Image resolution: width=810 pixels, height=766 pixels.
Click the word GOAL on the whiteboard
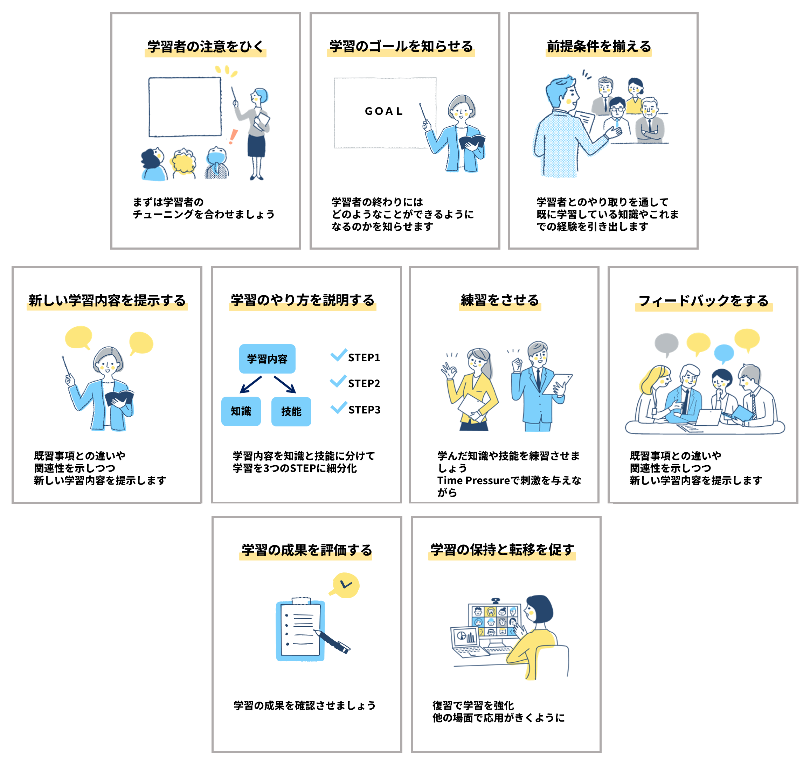click(383, 111)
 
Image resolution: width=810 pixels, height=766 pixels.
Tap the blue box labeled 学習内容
click(267, 358)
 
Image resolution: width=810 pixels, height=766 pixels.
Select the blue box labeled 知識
click(241, 411)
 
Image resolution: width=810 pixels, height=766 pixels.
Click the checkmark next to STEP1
click(339, 355)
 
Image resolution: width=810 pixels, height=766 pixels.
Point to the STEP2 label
click(364, 383)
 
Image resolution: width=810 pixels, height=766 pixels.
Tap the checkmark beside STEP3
click(339, 407)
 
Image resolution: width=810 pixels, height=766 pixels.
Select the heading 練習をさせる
click(500, 300)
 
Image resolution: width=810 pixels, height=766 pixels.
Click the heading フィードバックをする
click(704, 301)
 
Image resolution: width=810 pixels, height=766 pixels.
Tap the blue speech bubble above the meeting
click(724, 354)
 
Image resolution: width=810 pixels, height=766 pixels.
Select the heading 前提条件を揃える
click(599, 47)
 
